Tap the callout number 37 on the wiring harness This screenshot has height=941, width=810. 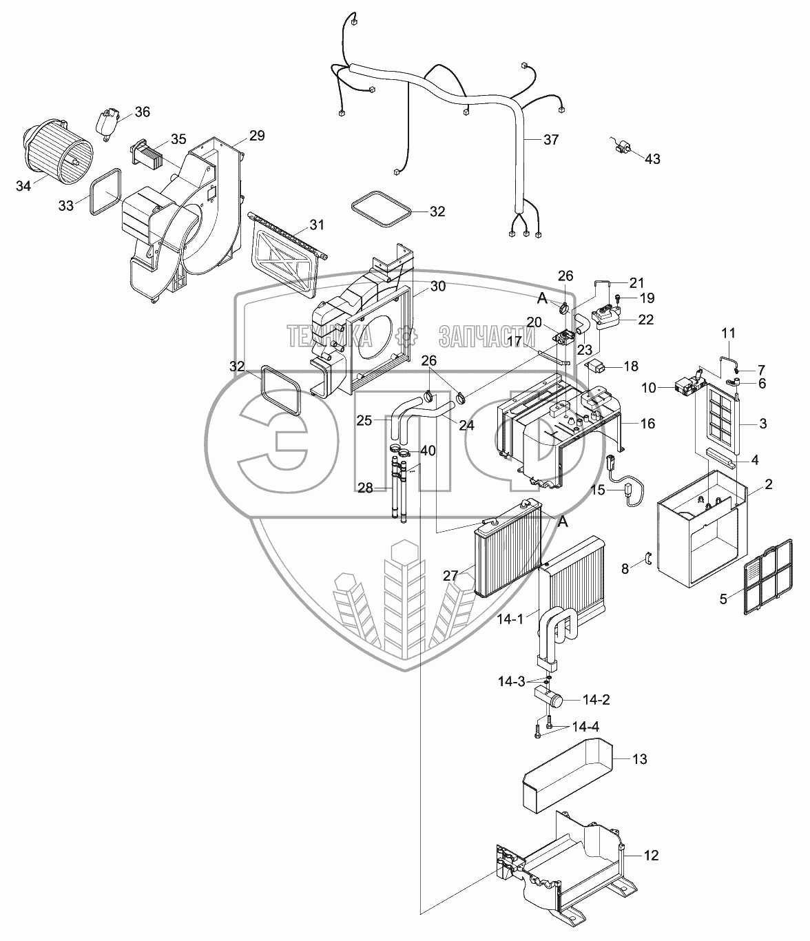550,140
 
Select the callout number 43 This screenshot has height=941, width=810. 652,159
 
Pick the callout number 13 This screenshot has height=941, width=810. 639,759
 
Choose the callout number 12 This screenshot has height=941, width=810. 651,856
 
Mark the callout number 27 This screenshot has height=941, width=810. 450,576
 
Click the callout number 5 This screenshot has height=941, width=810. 723,599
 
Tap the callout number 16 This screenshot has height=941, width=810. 647,423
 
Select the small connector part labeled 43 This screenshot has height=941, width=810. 624,146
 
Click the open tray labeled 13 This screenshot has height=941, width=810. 565,773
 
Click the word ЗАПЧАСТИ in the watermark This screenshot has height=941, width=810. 486,336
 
